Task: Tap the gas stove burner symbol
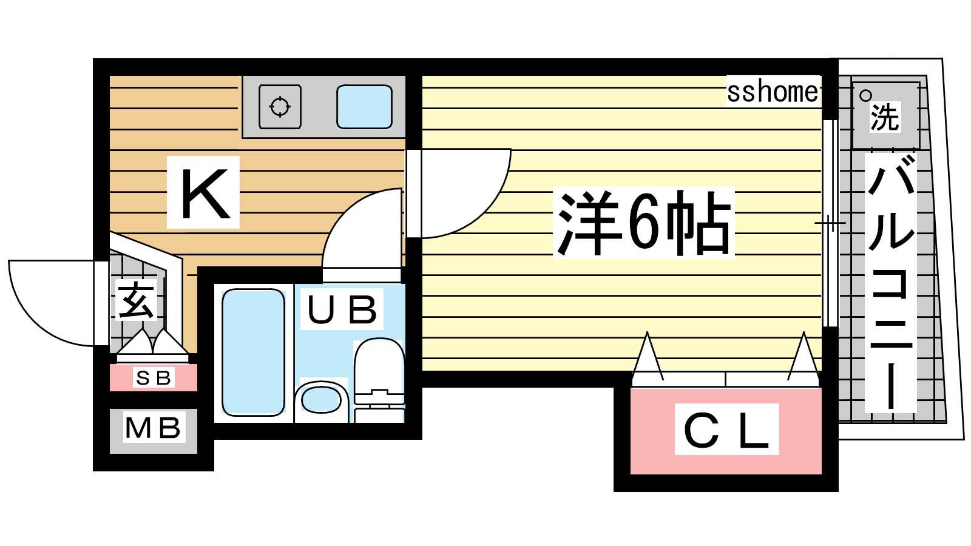pos(280,107)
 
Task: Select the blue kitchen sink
pos(365,107)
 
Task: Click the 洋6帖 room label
pos(643,223)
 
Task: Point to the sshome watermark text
pos(773,92)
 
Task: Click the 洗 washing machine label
pos(885,117)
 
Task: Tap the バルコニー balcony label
pos(890,283)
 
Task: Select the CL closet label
pos(726,430)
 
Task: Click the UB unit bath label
pos(342,309)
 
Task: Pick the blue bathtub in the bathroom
pos(253,352)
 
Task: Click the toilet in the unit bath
pos(379,380)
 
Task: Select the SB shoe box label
pos(154,378)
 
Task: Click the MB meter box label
pos(153,428)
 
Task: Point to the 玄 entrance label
pos(136,300)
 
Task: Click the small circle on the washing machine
pos(865,95)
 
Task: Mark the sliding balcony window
pos(830,223)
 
